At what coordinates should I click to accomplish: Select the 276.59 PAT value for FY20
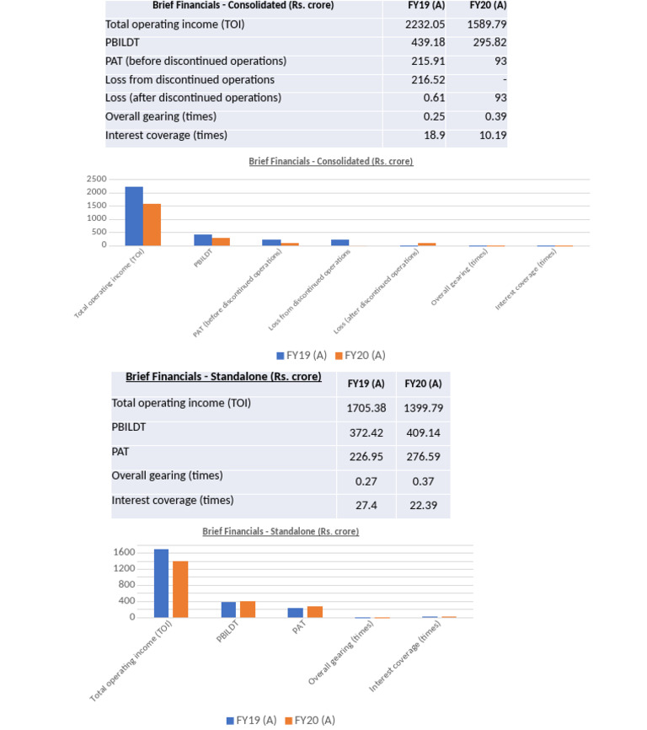click(x=423, y=457)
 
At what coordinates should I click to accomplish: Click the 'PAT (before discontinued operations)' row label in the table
click(x=195, y=62)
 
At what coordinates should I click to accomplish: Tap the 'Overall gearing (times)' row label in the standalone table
click(x=167, y=476)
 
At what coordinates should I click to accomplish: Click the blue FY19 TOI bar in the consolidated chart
click(x=134, y=216)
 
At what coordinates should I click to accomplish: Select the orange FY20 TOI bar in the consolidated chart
click(x=152, y=224)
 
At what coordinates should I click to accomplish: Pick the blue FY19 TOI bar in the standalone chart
click(x=161, y=583)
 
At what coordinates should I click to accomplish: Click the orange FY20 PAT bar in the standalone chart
click(x=314, y=611)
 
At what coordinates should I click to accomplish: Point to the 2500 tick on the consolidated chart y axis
click(x=97, y=179)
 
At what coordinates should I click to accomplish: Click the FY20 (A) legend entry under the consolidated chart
click(x=359, y=355)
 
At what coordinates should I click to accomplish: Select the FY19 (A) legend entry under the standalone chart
click(x=250, y=720)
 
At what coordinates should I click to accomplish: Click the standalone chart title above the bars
click(x=281, y=532)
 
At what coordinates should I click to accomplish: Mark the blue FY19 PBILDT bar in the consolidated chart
click(x=203, y=239)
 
